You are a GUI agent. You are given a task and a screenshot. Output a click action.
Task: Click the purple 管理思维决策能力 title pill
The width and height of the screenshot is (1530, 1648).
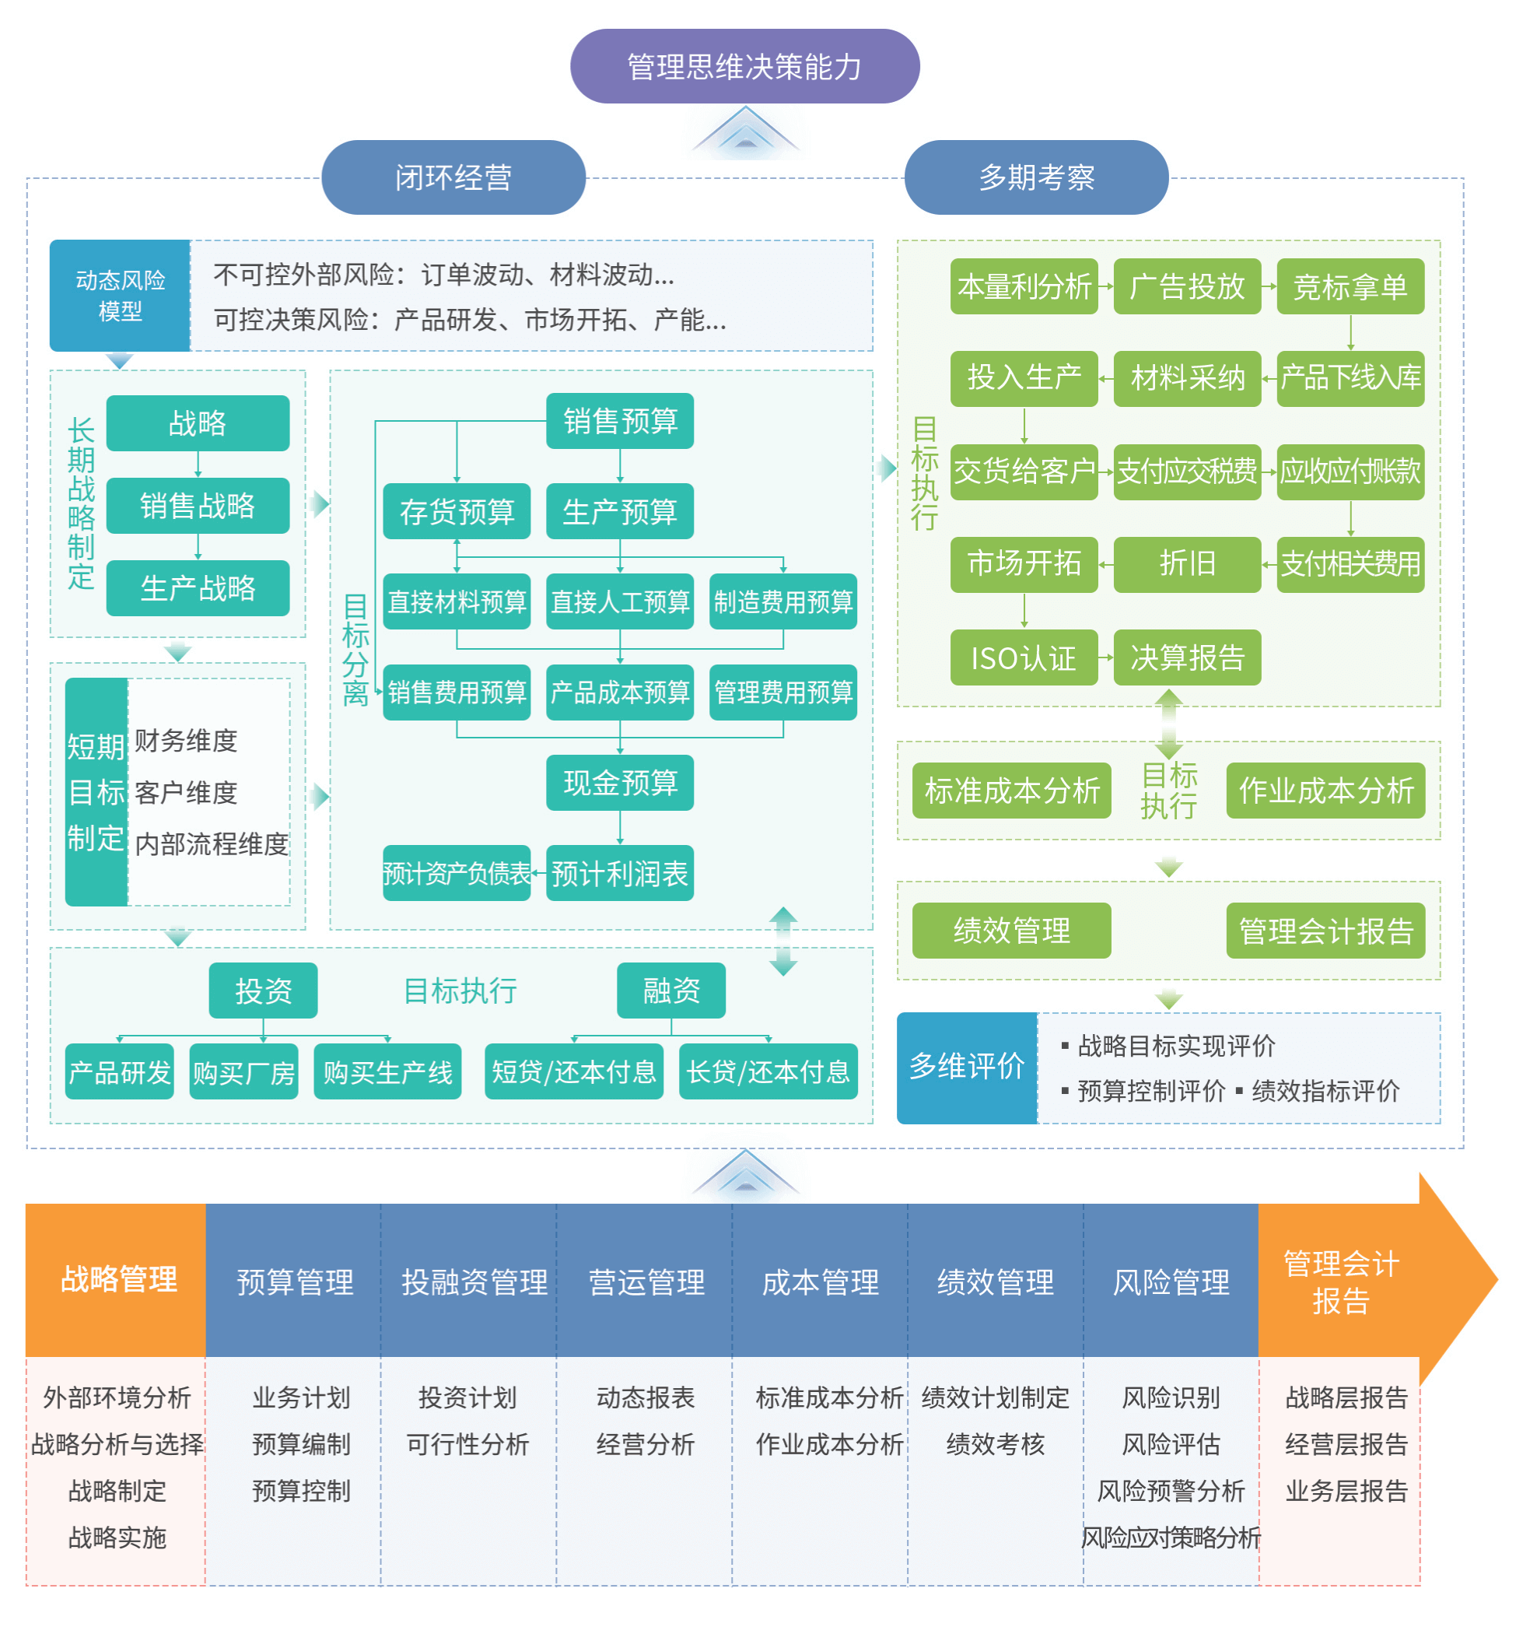click(744, 66)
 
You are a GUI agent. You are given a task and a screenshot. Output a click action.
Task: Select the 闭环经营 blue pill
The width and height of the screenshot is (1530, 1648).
click(453, 177)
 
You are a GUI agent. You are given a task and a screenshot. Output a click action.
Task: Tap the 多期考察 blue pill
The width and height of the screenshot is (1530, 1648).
click(1036, 177)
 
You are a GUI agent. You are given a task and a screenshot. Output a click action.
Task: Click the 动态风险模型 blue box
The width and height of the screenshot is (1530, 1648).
click(120, 296)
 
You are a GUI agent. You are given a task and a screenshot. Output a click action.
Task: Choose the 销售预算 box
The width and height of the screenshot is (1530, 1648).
click(619, 421)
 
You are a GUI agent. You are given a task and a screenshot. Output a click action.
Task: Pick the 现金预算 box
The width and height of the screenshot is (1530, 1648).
click(619, 782)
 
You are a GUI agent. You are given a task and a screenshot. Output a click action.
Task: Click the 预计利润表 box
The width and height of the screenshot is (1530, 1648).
click(619, 873)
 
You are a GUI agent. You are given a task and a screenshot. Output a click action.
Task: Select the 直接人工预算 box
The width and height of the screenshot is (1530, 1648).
click(619, 601)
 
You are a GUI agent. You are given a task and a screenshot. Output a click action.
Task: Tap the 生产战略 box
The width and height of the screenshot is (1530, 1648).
click(198, 588)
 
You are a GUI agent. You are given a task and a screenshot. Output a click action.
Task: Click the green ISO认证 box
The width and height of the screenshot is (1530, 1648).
click(1024, 657)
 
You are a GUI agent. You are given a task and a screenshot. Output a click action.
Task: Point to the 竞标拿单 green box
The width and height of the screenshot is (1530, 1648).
click(1350, 286)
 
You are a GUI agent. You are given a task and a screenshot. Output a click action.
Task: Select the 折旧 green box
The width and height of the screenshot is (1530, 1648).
click(1186, 564)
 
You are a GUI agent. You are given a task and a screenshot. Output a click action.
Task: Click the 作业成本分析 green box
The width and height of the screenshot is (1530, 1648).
click(1325, 790)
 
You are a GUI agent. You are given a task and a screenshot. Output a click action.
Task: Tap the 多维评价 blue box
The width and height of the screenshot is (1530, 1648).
click(966, 1067)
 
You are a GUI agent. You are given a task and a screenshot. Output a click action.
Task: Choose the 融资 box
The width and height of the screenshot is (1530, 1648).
click(670, 990)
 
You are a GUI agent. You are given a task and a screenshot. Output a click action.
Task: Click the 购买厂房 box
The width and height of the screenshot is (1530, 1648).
click(243, 1071)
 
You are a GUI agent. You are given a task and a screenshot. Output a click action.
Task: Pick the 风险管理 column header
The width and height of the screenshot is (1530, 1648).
click(1170, 1282)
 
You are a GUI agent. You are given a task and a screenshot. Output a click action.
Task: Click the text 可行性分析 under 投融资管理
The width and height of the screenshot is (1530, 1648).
click(467, 1444)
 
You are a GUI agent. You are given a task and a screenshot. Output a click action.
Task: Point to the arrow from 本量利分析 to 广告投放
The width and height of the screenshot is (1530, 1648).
click(1105, 286)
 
